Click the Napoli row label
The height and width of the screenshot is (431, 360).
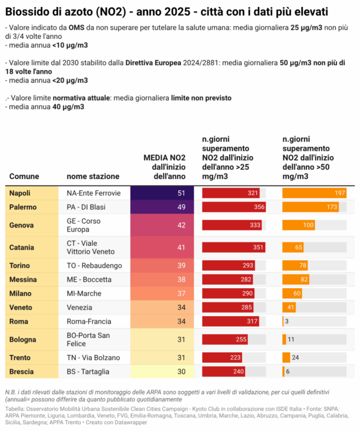pyautogui.click(x=20, y=193)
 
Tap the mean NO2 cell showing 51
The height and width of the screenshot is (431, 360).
pyautogui.click(x=162, y=193)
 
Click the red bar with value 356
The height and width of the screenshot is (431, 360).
pyautogui.click(x=234, y=207)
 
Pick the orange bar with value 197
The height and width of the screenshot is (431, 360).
pyautogui.click(x=314, y=193)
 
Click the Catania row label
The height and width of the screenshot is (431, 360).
pyautogui.click(x=22, y=248)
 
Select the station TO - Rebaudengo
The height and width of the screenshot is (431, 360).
pyautogui.click(x=94, y=266)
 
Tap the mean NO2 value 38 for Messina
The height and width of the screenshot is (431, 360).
pyautogui.click(x=162, y=280)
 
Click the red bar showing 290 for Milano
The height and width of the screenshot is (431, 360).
pyautogui.click(x=229, y=293)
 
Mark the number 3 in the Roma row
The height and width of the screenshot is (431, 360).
pyautogui.click(x=286, y=321)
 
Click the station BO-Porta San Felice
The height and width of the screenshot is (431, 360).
pyautogui.click(x=89, y=340)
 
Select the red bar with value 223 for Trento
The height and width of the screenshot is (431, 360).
pyautogui.click(x=223, y=358)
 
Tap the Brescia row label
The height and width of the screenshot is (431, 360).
pyautogui.click(x=21, y=372)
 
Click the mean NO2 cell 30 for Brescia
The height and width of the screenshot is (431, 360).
pyautogui.click(x=162, y=372)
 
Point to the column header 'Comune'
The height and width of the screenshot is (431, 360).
pyautogui.click(x=24, y=177)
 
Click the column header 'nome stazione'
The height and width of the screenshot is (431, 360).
pyautogui.click(x=93, y=177)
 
